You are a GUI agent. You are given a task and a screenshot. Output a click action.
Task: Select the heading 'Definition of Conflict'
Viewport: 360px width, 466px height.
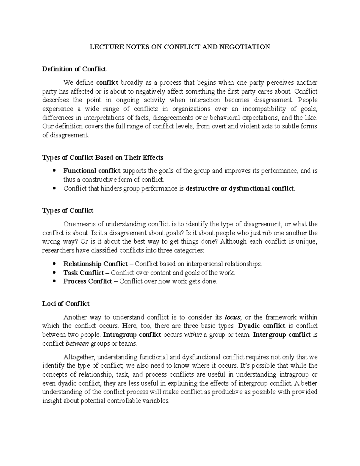74,69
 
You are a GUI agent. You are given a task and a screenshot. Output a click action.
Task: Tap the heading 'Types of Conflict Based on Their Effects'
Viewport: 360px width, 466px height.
103,158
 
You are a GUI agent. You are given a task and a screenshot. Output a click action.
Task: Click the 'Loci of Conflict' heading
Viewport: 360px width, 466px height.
66,304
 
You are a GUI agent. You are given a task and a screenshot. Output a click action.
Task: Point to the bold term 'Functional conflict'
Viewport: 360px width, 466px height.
92,171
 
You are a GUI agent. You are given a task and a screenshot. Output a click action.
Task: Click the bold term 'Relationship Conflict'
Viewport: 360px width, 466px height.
95,264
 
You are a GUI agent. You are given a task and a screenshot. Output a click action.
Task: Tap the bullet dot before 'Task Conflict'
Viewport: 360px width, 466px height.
54,273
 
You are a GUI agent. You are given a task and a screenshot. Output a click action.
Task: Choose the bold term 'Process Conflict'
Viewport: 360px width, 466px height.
88,281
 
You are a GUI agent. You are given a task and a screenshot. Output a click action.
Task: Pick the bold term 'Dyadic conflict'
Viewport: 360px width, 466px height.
261,326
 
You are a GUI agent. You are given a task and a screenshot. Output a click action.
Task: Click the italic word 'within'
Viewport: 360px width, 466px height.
192,335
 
